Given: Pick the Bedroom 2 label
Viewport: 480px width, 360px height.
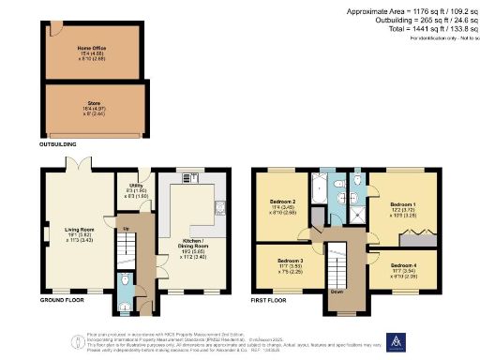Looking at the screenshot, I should point(283,205).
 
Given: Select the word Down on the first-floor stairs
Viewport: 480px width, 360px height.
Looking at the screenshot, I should point(337,292).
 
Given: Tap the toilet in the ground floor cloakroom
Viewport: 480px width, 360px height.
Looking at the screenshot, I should point(126,280).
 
